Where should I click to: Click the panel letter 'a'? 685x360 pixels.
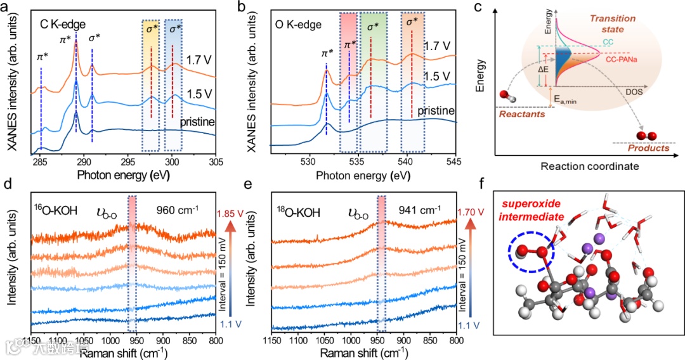click(6, 8)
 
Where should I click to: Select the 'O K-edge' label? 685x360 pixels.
click(299, 26)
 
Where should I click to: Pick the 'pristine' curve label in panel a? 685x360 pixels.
click(198, 121)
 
